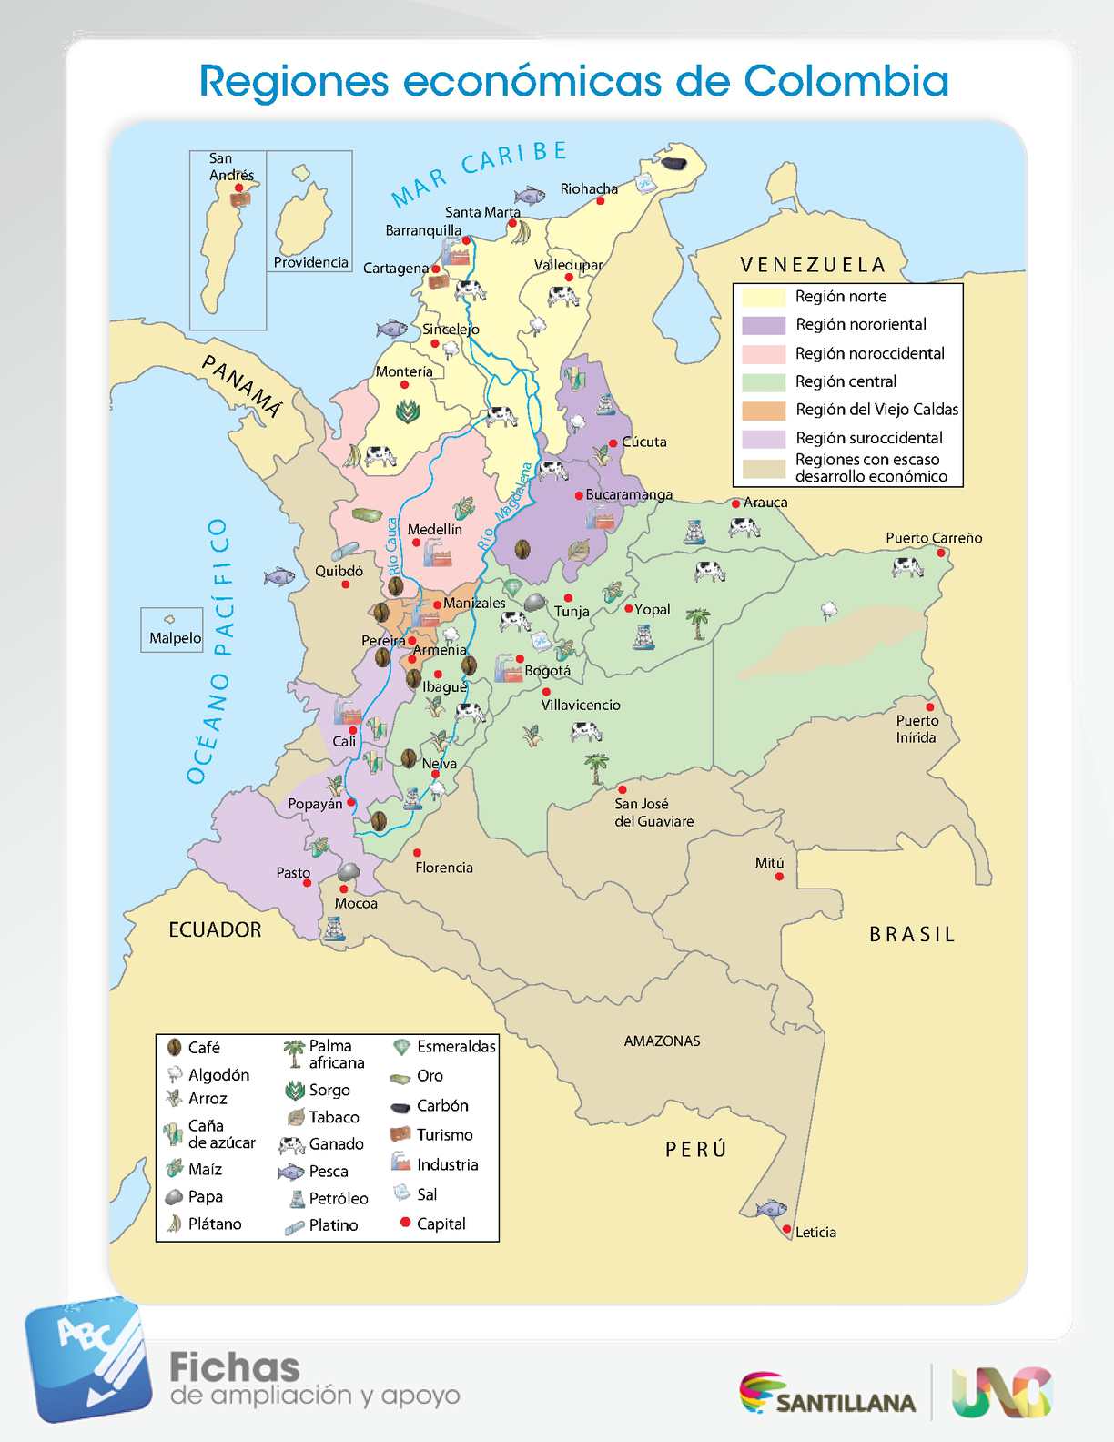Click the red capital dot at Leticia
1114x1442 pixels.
pos(787,1229)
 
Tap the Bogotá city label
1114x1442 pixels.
pos(548,671)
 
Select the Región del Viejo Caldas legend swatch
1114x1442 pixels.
pos(763,411)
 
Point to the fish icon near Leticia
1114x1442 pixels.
pos(771,1209)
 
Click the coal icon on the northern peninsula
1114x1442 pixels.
pos(673,163)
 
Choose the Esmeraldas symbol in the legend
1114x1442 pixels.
pos(401,1048)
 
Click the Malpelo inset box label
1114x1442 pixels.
pos(175,638)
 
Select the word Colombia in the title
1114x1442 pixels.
pos(846,81)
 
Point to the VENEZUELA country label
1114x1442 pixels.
pos(812,265)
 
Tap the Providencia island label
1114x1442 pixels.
pos(310,262)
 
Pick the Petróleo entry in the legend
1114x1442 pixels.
pos(338,1199)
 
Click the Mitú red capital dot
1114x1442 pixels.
pos(779,877)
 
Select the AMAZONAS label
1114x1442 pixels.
pos(662,1041)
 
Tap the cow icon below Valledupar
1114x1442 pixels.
pos(563,295)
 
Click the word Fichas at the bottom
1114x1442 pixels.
pos(234,1367)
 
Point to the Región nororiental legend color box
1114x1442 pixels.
pos(763,325)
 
